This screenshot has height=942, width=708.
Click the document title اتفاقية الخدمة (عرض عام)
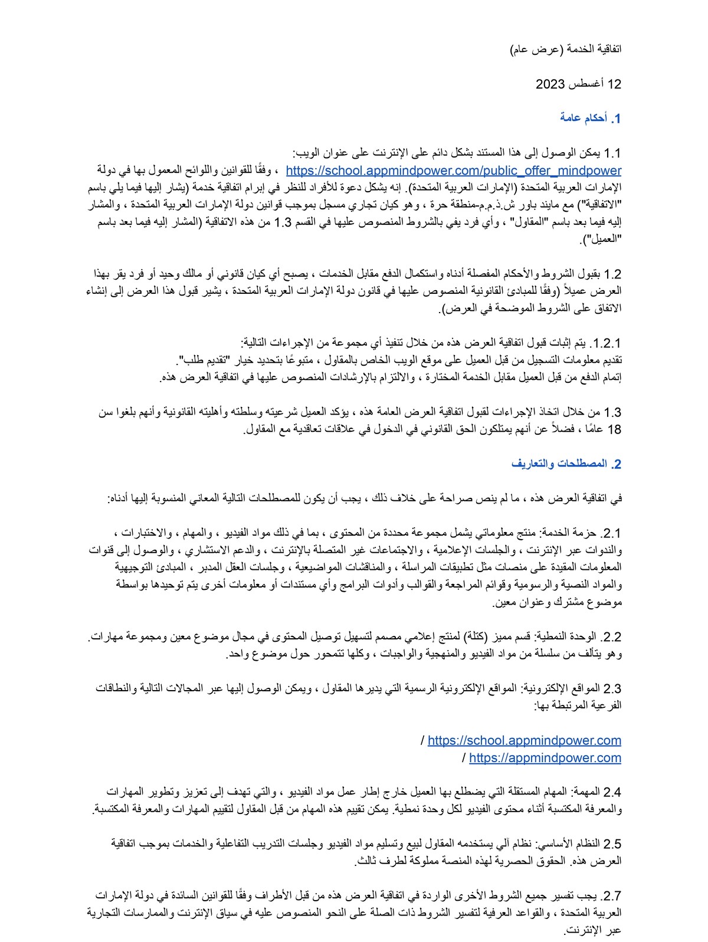(x=566, y=49)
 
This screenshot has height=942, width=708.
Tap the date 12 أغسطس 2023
(x=578, y=84)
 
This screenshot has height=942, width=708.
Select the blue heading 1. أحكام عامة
(x=591, y=119)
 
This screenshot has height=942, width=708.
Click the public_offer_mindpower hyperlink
(x=453, y=171)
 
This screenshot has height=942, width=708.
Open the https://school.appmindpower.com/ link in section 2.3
(x=524, y=740)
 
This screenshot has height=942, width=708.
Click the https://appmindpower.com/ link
(x=545, y=758)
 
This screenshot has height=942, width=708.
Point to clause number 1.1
(x=612, y=154)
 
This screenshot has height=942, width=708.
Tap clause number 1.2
(x=612, y=274)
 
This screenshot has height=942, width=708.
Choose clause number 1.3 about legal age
(x=612, y=412)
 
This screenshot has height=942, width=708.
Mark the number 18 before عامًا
(x=614, y=429)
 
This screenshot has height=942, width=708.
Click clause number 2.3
(x=612, y=688)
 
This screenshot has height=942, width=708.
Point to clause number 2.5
(x=612, y=844)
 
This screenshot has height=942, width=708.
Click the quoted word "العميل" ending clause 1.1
(x=602, y=240)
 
